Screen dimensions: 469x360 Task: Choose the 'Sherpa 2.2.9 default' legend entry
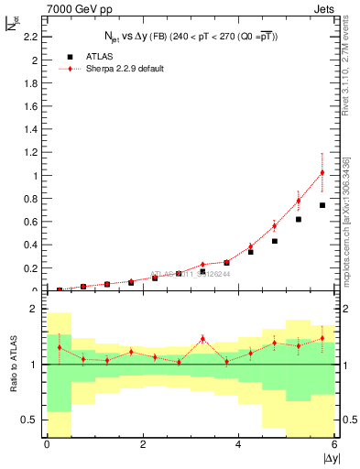point(119,69)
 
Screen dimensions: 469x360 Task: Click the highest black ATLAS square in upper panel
point(322,205)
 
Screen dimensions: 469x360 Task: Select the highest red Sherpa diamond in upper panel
point(322,172)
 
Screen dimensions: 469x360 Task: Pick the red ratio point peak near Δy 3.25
point(202,339)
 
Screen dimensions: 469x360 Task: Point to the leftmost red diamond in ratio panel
point(60,347)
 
